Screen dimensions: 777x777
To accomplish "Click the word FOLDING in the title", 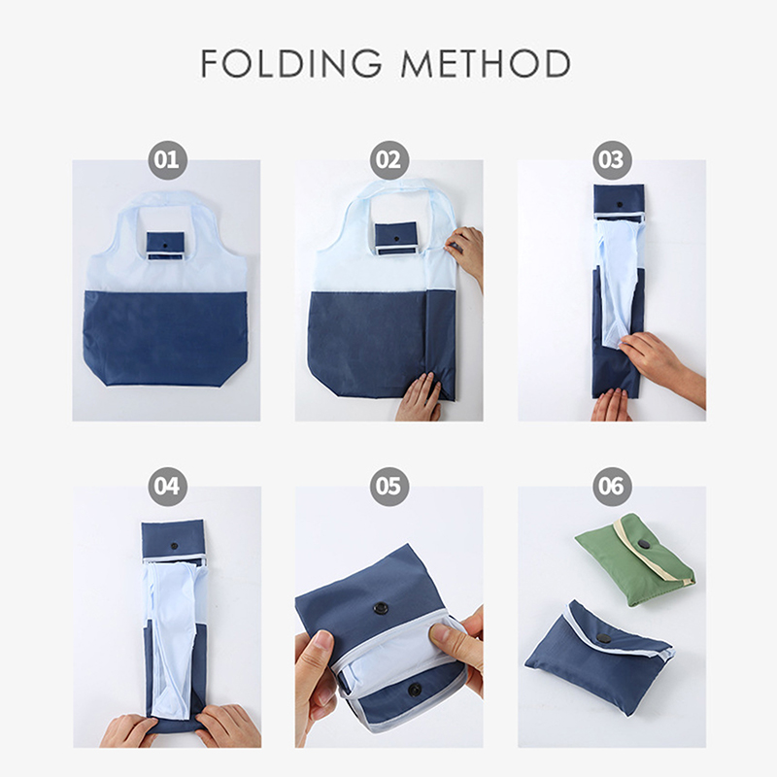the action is click(x=291, y=63).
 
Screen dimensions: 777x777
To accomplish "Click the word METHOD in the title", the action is click(x=486, y=63).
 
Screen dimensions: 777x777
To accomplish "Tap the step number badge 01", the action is click(x=167, y=160).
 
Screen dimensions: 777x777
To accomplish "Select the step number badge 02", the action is click(x=389, y=160).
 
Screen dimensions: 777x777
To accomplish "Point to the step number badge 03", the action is click(x=612, y=160).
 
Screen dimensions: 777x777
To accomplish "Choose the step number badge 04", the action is click(x=167, y=487).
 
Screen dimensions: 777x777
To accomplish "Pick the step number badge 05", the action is click(x=389, y=487).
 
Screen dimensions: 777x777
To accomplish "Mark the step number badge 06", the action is click(x=612, y=487).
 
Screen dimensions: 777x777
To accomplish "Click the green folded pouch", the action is click(x=635, y=560).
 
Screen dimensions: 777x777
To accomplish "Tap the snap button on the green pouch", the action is click(x=645, y=545).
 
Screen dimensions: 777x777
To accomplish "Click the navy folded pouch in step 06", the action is click(x=598, y=657).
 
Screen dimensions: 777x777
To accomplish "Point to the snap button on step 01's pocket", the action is click(x=165, y=246).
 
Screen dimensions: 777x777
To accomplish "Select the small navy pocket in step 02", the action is click(x=395, y=238).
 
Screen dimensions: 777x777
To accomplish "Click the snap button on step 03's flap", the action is click(x=619, y=204).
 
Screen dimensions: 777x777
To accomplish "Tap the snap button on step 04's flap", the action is click(x=174, y=546).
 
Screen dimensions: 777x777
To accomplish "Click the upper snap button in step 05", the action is click(x=381, y=608).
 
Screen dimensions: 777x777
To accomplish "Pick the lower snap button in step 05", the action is click(x=414, y=689).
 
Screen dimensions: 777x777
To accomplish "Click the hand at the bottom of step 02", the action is click(x=420, y=397).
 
